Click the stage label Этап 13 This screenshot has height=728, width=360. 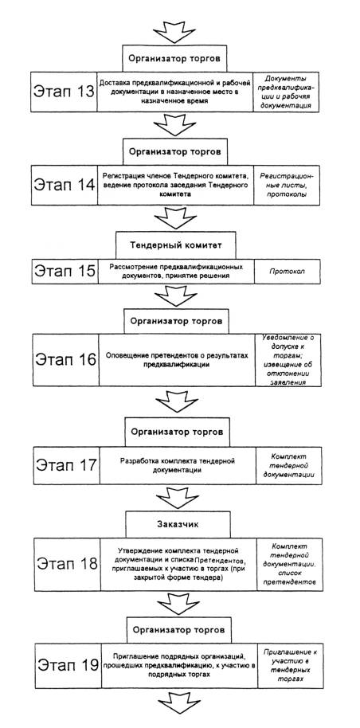(x=63, y=91)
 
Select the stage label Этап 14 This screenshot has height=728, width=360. (x=64, y=184)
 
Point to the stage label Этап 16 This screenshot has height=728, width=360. (x=65, y=359)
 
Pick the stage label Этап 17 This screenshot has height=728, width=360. (x=67, y=464)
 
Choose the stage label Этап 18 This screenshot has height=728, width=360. (x=67, y=564)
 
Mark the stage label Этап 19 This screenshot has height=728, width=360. (x=68, y=664)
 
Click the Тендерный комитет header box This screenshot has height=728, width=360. (x=175, y=245)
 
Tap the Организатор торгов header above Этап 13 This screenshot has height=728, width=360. (x=174, y=59)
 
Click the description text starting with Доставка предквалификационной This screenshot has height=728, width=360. (x=174, y=91)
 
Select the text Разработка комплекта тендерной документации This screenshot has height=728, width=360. (x=177, y=465)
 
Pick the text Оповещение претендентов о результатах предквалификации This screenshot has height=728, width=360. (x=175, y=360)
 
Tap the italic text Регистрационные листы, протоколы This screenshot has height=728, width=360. (x=286, y=185)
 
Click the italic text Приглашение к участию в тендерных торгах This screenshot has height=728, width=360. (x=289, y=665)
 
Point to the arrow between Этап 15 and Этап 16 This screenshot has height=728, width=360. (x=175, y=296)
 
